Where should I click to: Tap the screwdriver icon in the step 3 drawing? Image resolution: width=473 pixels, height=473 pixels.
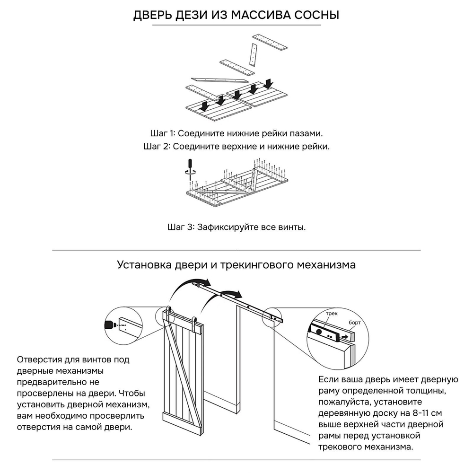[190, 167]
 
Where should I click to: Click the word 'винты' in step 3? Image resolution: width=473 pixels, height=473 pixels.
[293, 227]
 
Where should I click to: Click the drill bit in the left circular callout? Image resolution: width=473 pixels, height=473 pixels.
[110, 325]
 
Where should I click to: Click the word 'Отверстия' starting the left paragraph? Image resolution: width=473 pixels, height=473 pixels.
[39, 360]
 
